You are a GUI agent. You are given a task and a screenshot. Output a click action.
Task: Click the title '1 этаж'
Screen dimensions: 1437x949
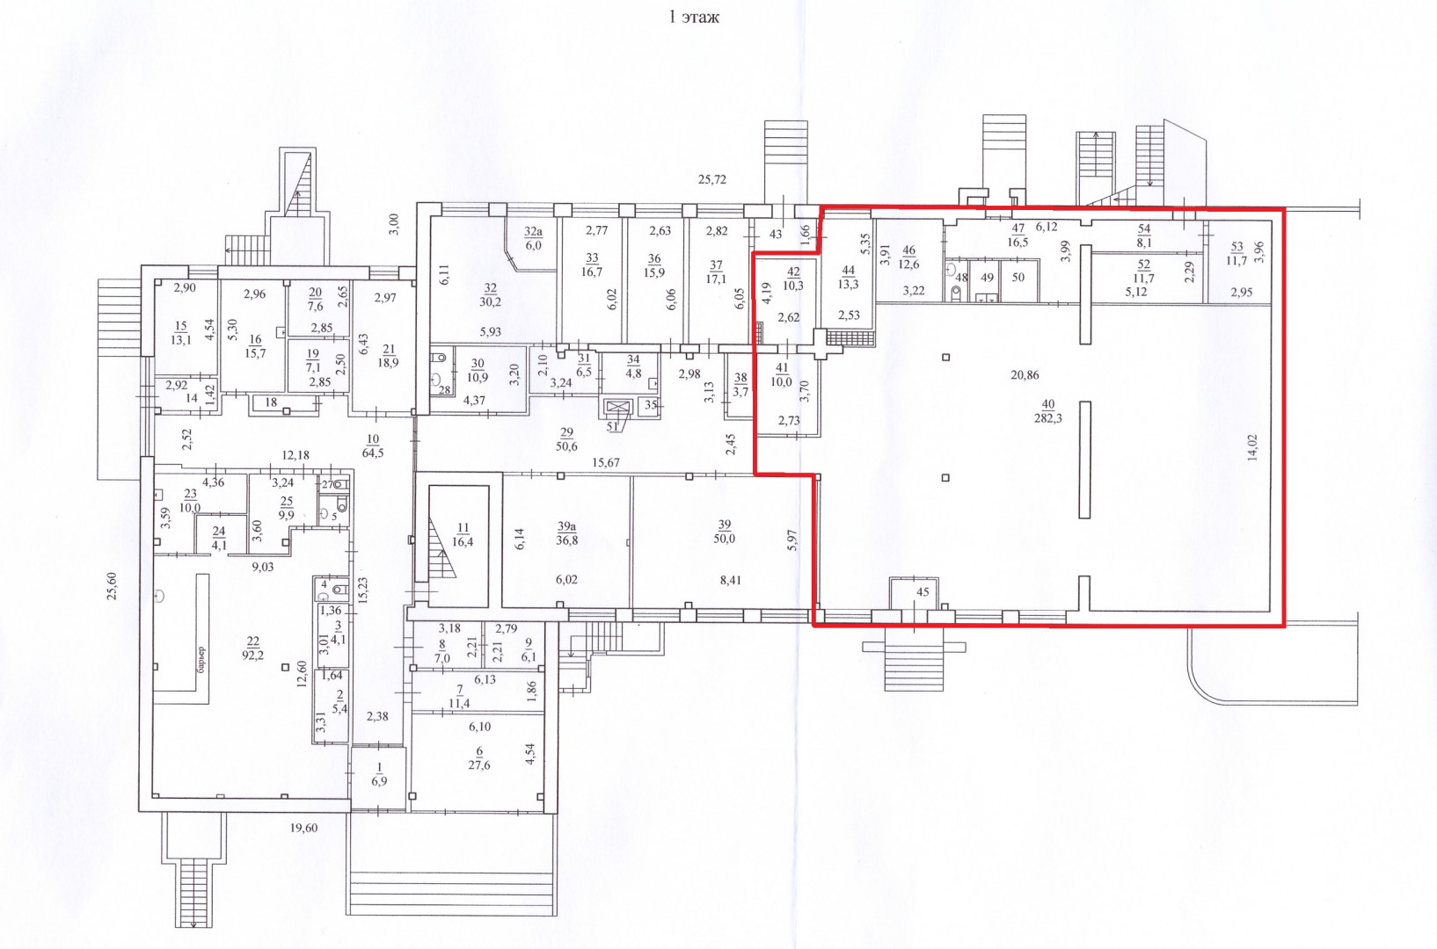click(x=694, y=18)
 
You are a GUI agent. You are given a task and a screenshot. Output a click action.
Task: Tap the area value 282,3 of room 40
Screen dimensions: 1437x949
click(x=1048, y=418)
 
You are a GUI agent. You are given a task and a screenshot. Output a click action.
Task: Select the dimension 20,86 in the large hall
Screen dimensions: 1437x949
click(x=1025, y=375)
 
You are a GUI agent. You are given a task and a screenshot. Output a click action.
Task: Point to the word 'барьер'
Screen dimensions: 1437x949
click(x=202, y=659)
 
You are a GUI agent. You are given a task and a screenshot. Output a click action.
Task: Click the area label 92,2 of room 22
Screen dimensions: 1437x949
click(x=252, y=655)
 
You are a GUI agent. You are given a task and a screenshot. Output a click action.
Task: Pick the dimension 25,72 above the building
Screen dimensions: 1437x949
click(x=712, y=180)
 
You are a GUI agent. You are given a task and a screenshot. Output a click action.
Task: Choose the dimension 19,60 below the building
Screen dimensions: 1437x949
click(x=303, y=828)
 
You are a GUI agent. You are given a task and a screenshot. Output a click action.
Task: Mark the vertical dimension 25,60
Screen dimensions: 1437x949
click(x=113, y=586)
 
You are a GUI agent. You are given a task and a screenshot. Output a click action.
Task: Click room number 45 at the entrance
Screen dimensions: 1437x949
click(x=923, y=592)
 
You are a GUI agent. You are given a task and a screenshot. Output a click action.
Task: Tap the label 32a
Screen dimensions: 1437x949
click(x=534, y=231)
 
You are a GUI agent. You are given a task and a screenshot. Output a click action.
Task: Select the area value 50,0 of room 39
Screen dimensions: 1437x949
click(x=725, y=539)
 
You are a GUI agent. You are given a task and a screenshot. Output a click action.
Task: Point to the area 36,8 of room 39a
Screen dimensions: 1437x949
click(x=566, y=540)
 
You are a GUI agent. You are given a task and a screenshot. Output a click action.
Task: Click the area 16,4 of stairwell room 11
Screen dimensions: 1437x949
click(x=463, y=542)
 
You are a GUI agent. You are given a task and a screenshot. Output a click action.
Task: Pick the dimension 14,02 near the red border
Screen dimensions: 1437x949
click(x=1253, y=448)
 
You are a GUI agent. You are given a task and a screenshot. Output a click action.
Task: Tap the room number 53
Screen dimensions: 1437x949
click(x=1236, y=247)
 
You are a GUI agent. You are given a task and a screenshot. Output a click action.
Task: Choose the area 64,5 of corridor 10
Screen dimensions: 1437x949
click(x=373, y=453)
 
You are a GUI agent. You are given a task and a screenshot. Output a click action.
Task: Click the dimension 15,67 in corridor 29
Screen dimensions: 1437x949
click(x=606, y=463)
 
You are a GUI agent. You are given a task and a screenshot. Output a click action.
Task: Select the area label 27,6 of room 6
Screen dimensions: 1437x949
click(x=479, y=765)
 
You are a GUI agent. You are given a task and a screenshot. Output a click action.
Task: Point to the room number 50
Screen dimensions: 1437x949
click(x=1018, y=278)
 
